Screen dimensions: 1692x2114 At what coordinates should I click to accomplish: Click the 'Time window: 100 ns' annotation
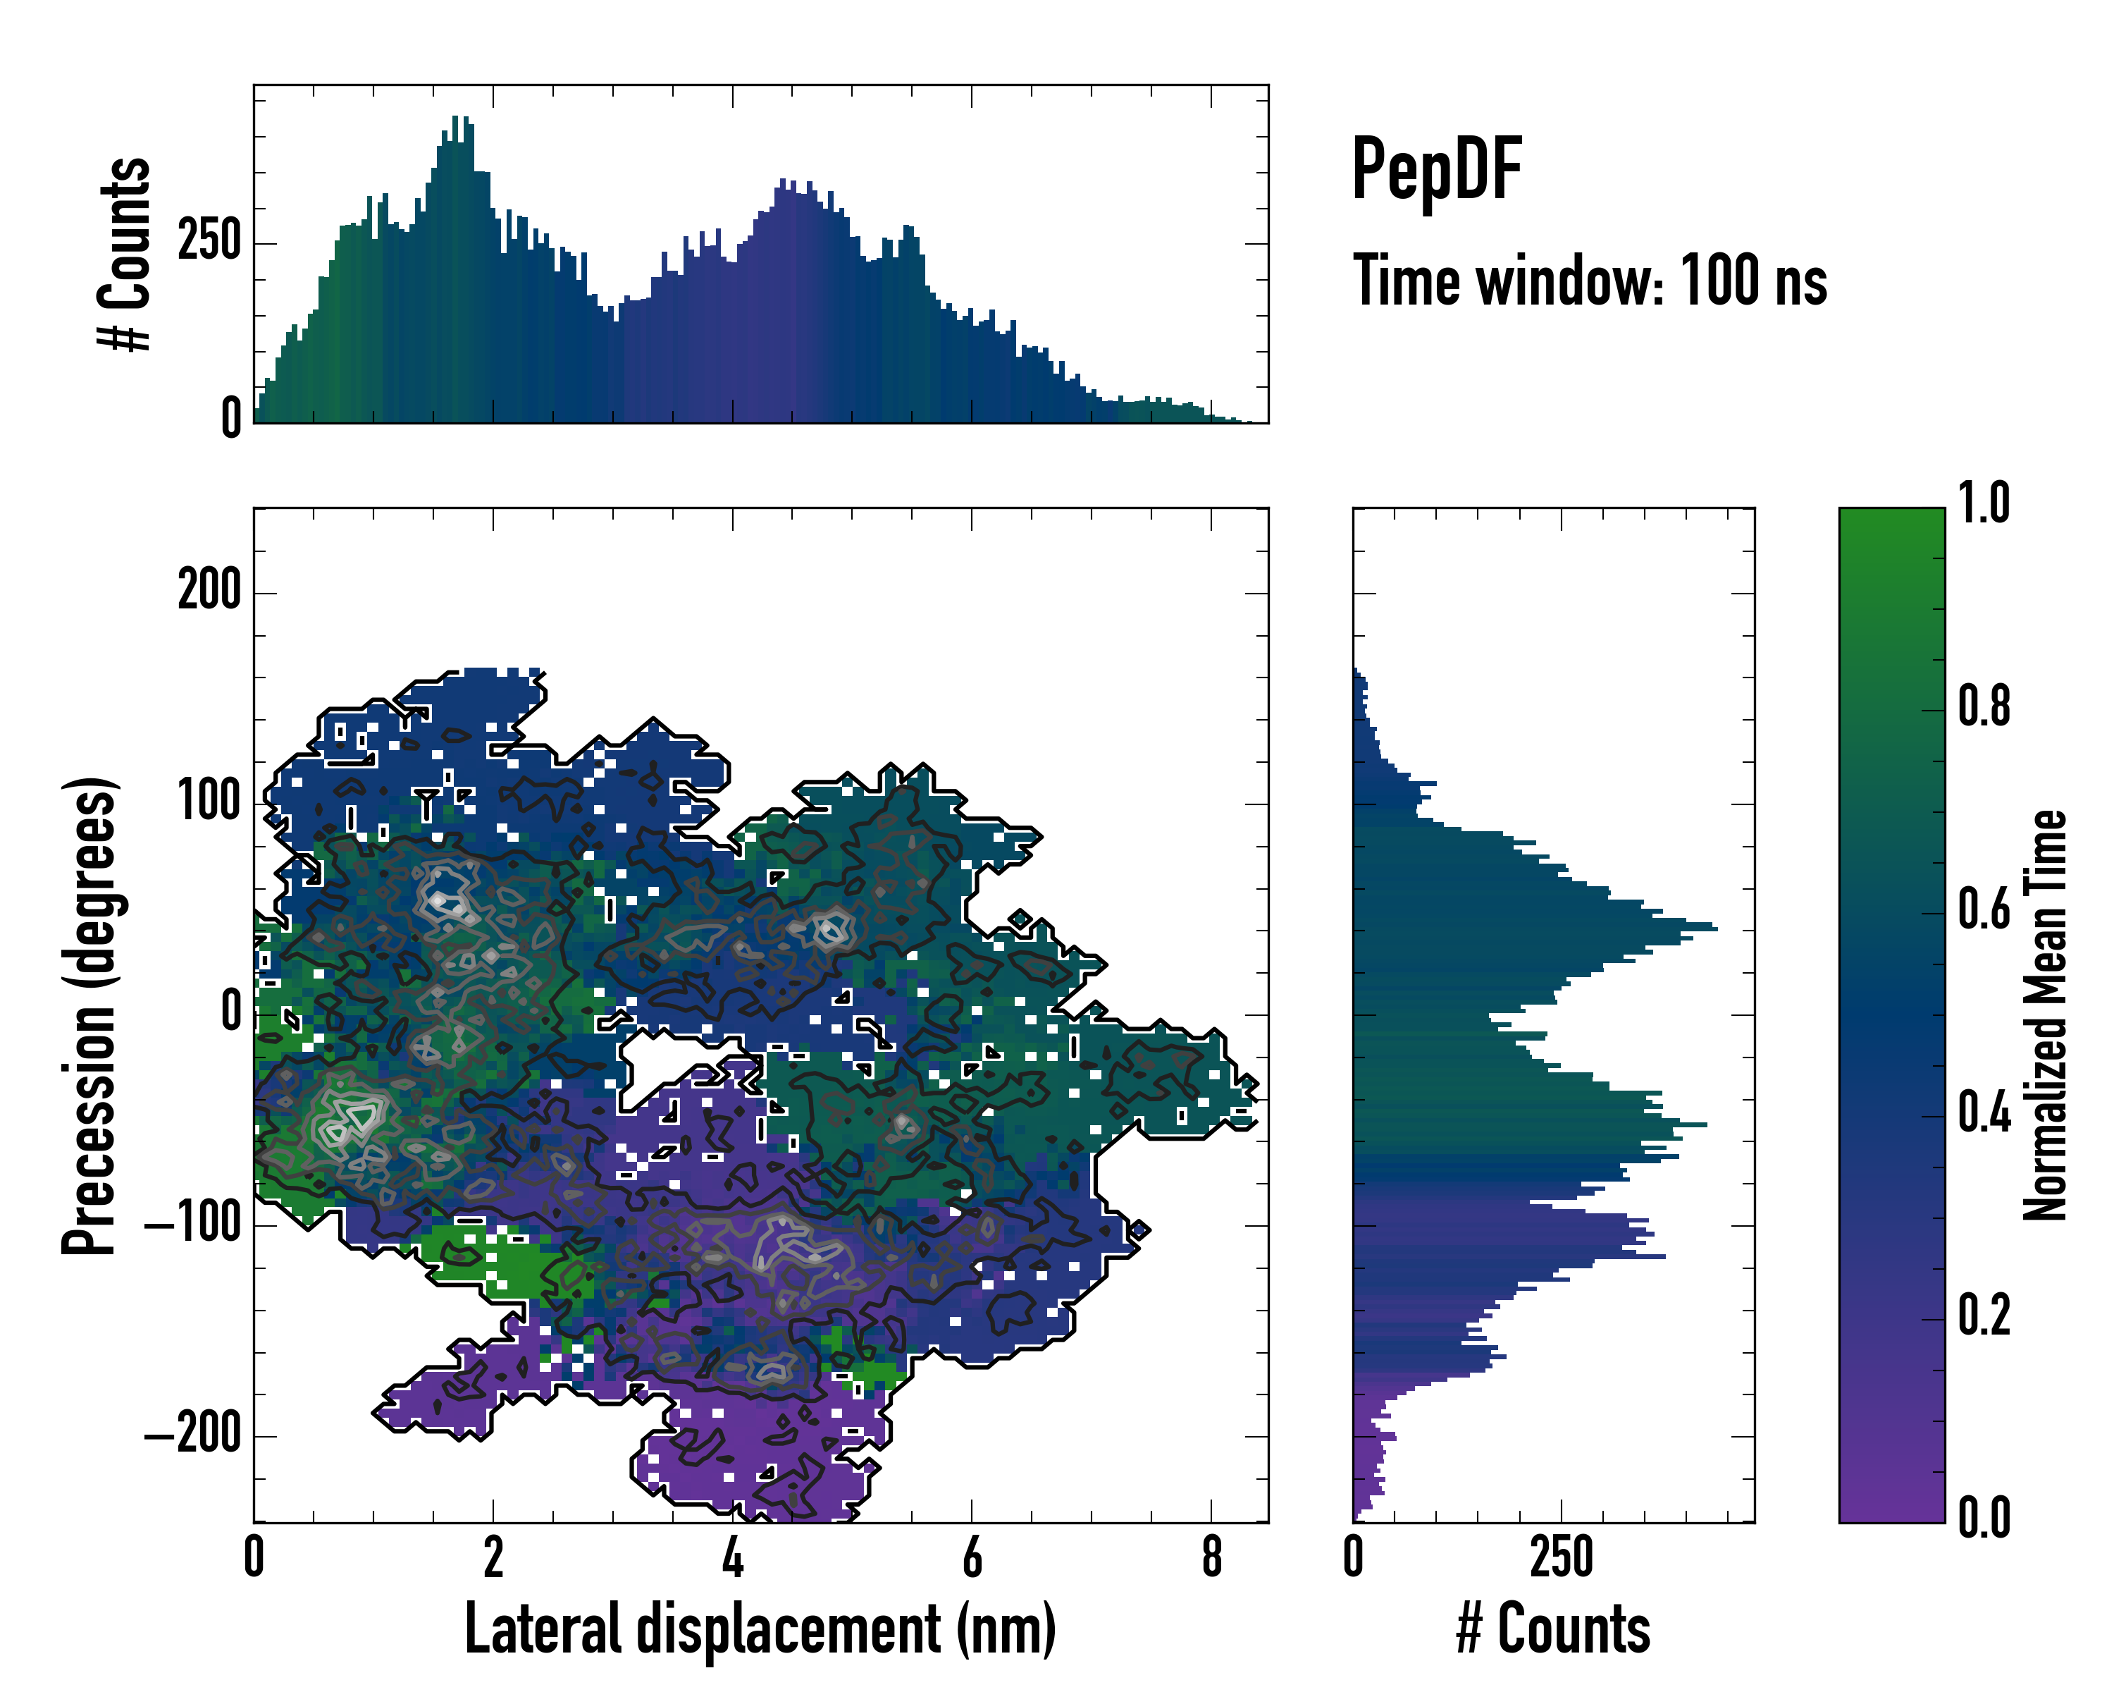[1590, 281]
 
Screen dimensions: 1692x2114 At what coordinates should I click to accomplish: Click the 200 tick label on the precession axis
[209, 591]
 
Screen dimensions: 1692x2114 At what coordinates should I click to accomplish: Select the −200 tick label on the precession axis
[193, 1435]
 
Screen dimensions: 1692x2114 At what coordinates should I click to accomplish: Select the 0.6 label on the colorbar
[1984, 910]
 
